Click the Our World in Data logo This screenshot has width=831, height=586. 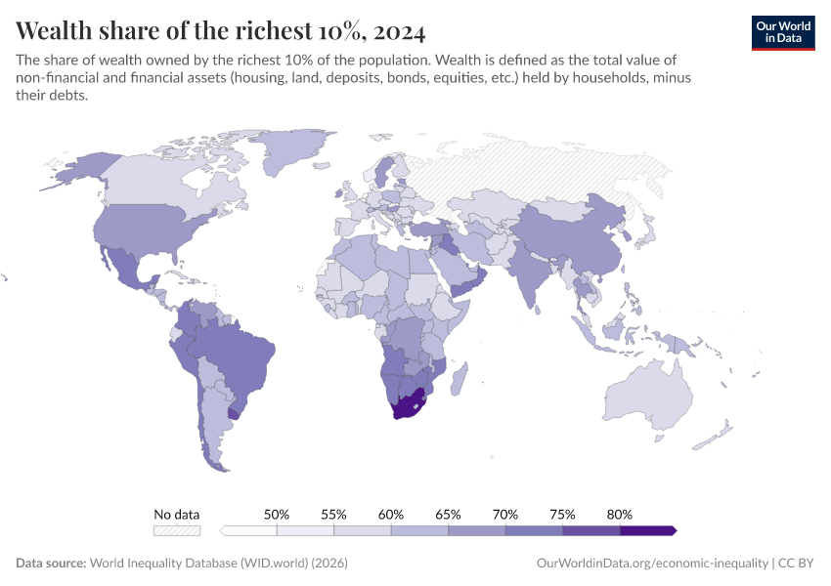point(782,32)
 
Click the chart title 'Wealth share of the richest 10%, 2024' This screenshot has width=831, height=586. point(221,30)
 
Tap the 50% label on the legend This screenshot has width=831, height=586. point(277,514)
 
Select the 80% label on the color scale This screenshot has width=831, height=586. point(620,514)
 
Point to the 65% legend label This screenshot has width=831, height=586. point(448,514)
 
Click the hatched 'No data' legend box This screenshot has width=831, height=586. point(177,530)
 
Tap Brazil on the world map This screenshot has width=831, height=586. point(240,352)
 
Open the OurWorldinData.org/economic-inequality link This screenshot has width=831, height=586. point(653,564)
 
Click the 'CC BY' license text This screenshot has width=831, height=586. point(797,564)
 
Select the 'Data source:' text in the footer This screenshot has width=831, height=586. point(51,564)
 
